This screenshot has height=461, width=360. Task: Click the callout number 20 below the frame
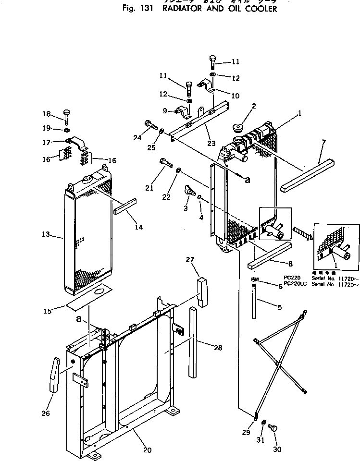tap(147, 450)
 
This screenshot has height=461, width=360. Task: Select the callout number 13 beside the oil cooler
tap(46, 235)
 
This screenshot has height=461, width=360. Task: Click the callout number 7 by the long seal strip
tap(324, 142)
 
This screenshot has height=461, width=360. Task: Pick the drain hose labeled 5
tap(254, 301)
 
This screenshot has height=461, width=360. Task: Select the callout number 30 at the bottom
tap(277, 449)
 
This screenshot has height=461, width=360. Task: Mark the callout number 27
tap(190, 260)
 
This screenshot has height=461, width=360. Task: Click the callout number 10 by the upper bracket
tap(235, 96)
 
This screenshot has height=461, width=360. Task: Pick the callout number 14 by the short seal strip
tap(138, 227)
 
